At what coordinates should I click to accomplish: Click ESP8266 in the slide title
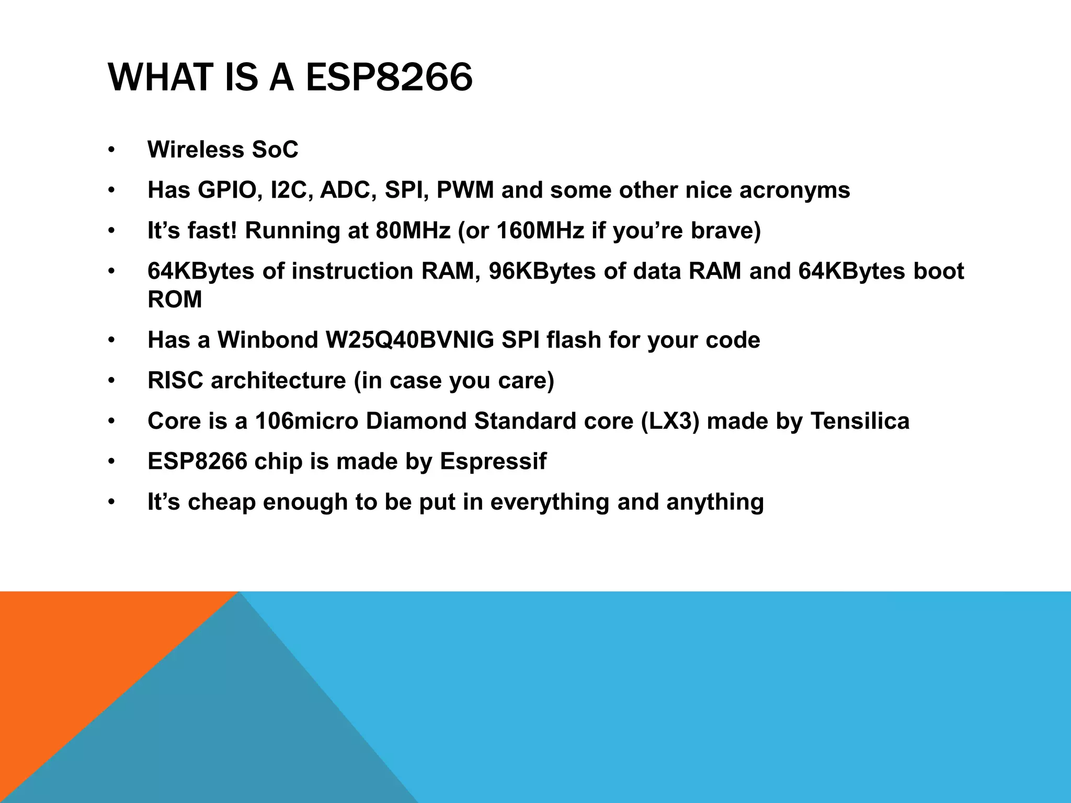coord(389,77)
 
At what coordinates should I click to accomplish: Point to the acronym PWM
coord(464,190)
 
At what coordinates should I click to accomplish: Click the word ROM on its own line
coord(175,300)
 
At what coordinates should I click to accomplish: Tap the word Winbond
coord(267,340)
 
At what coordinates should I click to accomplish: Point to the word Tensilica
coord(859,421)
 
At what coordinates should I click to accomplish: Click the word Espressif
coord(493,462)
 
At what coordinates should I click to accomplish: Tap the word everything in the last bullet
coord(549,502)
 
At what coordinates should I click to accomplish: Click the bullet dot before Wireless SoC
coord(110,151)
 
